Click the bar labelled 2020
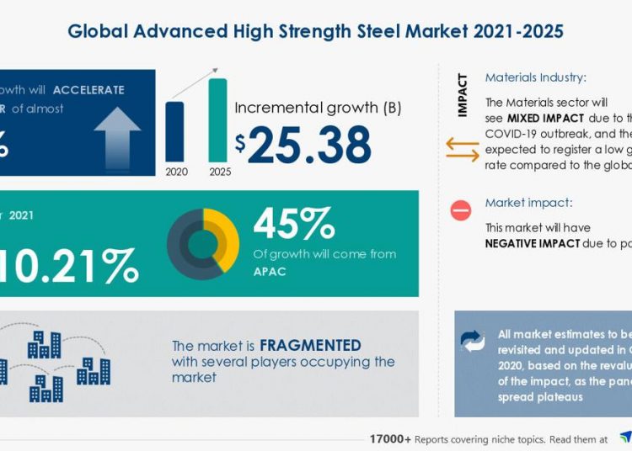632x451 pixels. tap(175, 130)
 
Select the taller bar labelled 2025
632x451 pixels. tap(217, 119)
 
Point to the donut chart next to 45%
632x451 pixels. tap(202, 244)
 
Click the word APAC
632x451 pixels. tap(270, 273)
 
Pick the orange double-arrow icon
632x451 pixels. tap(461, 148)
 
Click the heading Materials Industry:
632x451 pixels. tap(535, 77)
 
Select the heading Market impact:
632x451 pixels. tap(528, 204)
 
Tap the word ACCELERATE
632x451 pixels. tap(88, 89)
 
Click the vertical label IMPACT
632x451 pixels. tap(463, 96)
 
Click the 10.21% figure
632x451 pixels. tap(72, 266)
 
